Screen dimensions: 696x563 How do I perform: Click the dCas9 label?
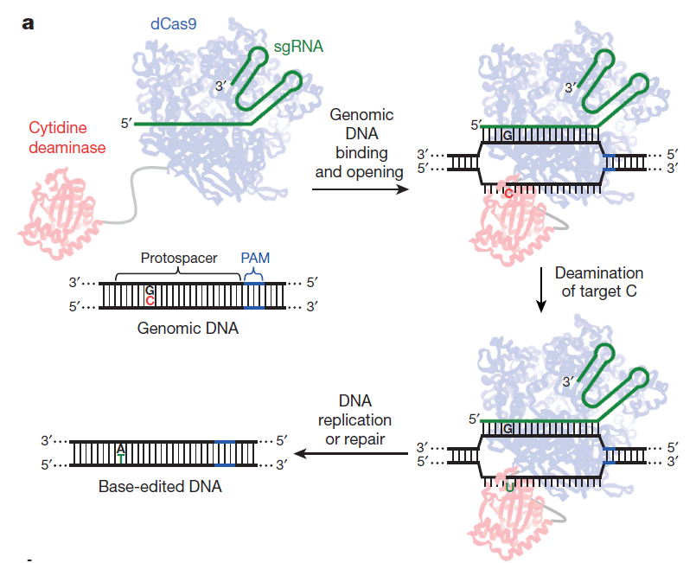pos(173,23)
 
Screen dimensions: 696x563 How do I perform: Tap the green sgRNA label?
pos(298,47)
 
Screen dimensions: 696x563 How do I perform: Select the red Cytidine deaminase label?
pos(67,138)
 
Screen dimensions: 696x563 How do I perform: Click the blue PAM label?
pos(255,258)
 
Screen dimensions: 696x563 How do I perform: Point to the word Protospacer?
pos(179,258)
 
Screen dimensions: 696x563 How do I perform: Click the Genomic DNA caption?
pos(188,328)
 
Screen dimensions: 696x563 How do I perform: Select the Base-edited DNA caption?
pos(160,486)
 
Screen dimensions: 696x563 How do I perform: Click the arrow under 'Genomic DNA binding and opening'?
pos(360,189)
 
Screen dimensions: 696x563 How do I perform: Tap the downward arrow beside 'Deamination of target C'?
pos(540,290)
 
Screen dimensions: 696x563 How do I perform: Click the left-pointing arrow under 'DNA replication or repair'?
pos(351,454)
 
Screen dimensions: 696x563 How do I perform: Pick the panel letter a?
pos(28,23)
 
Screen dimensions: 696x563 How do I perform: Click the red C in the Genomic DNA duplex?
pos(150,301)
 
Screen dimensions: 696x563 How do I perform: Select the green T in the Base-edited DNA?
pos(121,459)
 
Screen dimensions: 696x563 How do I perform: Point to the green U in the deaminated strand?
pos(509,488)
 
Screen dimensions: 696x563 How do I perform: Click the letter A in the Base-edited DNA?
pos(121,450)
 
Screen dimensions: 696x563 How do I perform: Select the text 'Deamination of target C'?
pos(599,282)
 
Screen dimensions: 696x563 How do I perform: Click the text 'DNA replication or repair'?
pos(355,419)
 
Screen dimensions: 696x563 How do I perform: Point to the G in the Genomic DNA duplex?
pos(150,291)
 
